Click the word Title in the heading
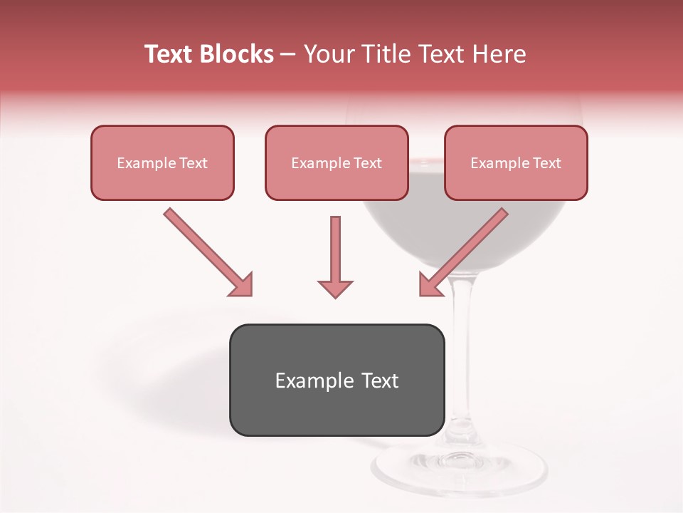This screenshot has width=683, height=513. click(x=388, y=54)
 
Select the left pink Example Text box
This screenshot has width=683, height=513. click(x=162, y=163)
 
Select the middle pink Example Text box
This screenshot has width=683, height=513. click(x=337, y=163)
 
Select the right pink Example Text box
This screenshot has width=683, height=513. click(x=516, y=163)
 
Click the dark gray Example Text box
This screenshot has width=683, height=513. click(x=337, y=380)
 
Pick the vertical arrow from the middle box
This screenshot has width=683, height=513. click(x=335, y=249)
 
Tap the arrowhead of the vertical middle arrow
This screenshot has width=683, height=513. click(x=335, y=288)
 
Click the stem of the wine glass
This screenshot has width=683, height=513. click(x=463, y=356)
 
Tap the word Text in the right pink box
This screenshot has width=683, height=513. click(x=546, y=163)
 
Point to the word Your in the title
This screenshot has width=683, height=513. click(x=330, y=54)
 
